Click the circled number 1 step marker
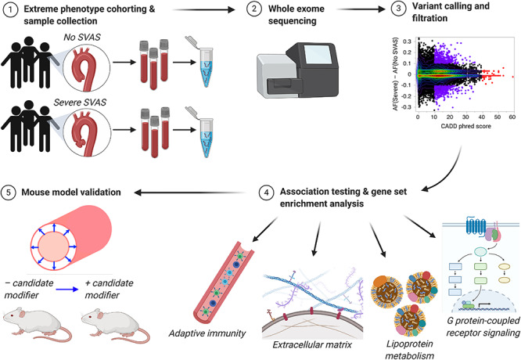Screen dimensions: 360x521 (9, 11)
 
